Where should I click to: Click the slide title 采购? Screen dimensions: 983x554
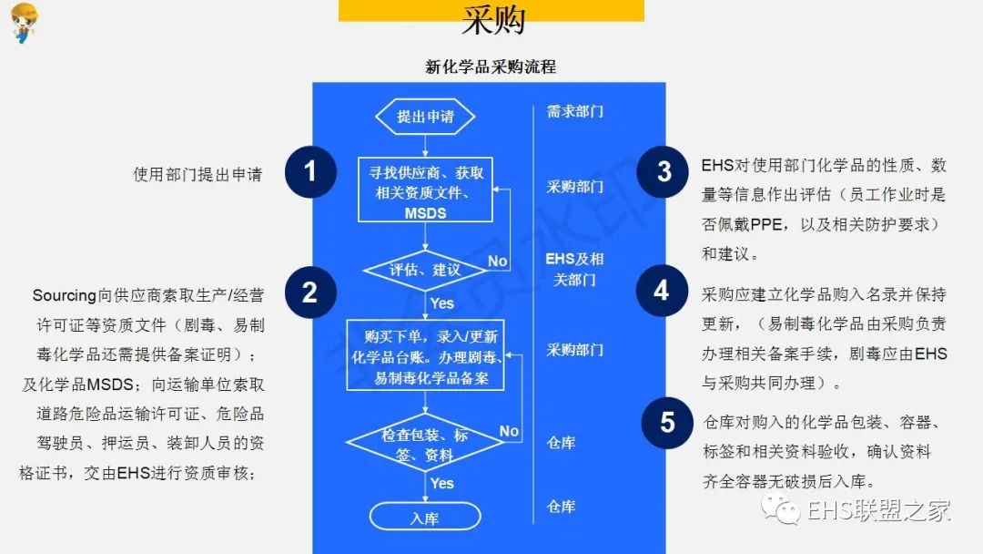point(491,20)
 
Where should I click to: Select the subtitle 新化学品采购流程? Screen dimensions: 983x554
point(491,67)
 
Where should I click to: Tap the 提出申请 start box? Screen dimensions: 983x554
point(425,117)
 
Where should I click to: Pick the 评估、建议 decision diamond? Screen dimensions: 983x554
point(425,270)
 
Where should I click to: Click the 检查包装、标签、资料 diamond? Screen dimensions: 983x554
point(425,445)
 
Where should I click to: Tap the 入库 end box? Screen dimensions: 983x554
point(425,518)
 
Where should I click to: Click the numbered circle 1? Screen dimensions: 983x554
point(310,171)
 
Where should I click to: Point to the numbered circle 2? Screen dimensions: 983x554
point(310,292)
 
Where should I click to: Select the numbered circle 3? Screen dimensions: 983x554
point(663,171)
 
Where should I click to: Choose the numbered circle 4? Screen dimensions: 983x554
point(663,291)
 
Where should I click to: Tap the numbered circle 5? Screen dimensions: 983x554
point(667,423)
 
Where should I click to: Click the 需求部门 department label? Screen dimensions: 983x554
point(574,112)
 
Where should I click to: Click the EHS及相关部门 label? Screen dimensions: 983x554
point(574,269)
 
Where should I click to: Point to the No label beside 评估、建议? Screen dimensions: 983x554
point(497,262)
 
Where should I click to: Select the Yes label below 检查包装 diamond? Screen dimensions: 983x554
point(442,483)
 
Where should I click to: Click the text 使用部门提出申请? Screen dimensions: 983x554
point(198,174)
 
